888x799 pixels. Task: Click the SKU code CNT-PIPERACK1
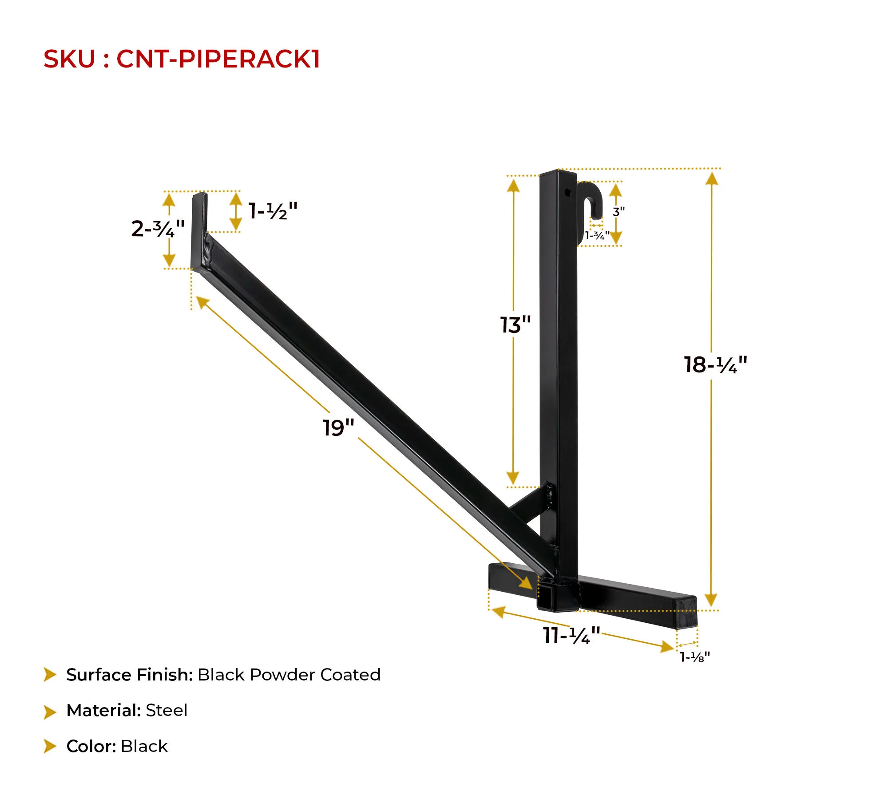coord(218,59)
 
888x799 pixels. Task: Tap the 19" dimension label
coord(338,427)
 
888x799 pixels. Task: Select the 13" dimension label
coord(515,325)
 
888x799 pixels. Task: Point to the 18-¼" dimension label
coord(715,365)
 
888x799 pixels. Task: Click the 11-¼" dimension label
coord(571,635)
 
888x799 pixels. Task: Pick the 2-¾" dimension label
coord(158,229)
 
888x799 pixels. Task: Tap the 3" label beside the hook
coord(618,212)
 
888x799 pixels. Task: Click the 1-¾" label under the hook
coord(597,235)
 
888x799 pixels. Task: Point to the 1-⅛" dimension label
coord(695,657)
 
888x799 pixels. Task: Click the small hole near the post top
coord(567,192)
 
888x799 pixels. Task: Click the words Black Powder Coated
coord(289,675)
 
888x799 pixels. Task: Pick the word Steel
coord(166,710)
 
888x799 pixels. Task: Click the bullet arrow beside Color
coord(50,746)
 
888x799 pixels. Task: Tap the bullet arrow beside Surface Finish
coord(50,675)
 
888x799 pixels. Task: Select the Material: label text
coord(103,710)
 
